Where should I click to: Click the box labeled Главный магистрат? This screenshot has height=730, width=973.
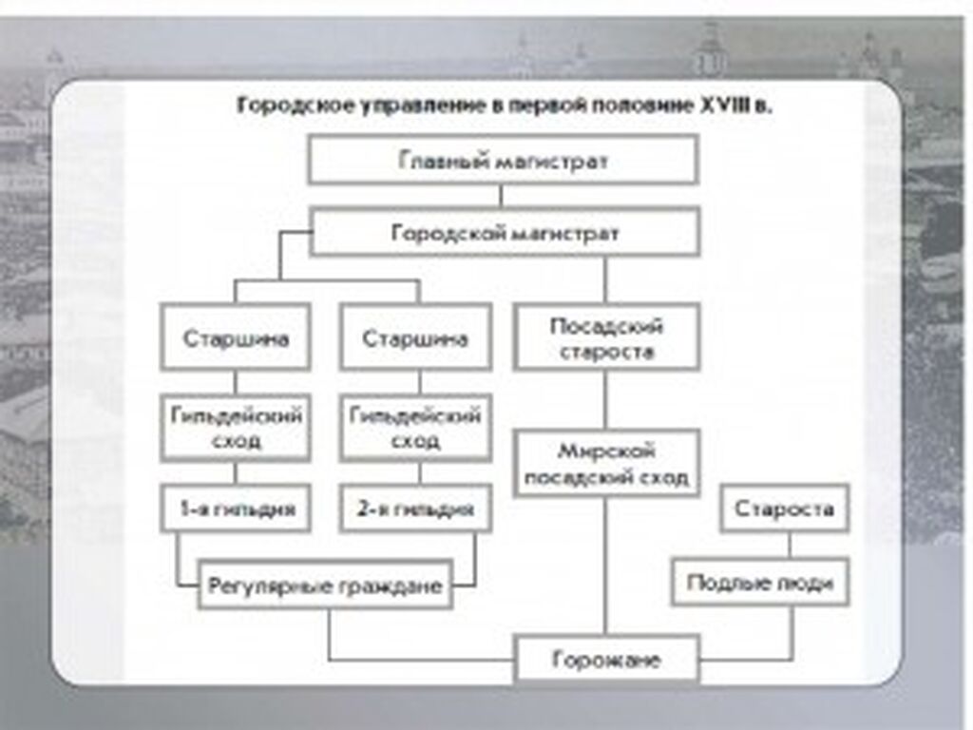504,160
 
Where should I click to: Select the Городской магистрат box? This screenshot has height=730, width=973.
505,232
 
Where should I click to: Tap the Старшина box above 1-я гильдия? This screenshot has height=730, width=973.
236,337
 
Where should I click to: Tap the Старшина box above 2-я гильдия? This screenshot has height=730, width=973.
416,337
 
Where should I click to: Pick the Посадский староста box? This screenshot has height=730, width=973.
606,337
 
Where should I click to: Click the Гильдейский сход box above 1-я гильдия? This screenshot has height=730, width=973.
236,428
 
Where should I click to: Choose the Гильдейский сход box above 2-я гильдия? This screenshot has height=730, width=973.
416,428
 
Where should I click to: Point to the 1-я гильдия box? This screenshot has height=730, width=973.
236,509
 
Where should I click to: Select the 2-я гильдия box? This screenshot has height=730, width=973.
416,509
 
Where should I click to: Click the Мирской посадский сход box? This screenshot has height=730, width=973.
606,463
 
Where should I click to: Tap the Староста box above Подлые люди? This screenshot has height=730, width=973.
784,509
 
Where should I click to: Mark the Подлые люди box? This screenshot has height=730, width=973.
760,583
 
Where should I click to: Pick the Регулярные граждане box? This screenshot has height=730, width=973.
325,585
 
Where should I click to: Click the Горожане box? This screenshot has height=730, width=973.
606,658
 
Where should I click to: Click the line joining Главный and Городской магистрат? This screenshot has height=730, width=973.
502,196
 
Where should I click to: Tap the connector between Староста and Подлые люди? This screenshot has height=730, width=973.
790,546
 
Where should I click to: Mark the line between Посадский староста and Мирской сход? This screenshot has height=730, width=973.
605,400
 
